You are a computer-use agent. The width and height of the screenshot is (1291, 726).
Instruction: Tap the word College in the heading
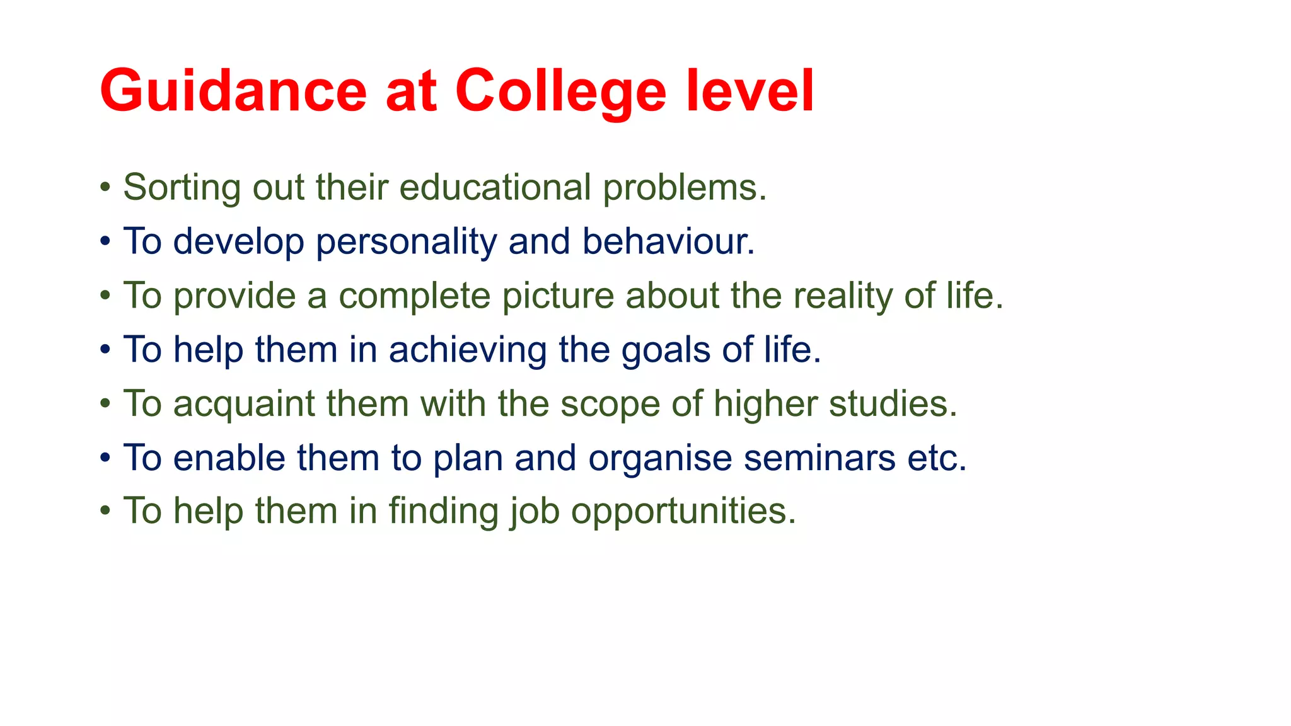tap(560, 91)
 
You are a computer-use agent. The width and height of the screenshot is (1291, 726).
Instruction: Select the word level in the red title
tap(750, 91)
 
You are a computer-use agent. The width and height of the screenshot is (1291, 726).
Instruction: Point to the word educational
tap(495, 188)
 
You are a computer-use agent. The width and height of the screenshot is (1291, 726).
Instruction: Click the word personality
tap(406, 242)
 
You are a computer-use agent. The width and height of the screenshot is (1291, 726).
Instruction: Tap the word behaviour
tap(668, 242)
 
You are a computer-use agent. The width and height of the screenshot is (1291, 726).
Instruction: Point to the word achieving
tap(467, 350)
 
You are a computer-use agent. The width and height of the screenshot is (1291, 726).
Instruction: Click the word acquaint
tap(244, 404)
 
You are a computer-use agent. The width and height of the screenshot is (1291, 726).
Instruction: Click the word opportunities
tap(683, 511)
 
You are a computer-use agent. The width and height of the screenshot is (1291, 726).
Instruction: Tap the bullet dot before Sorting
tap(105, 188)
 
